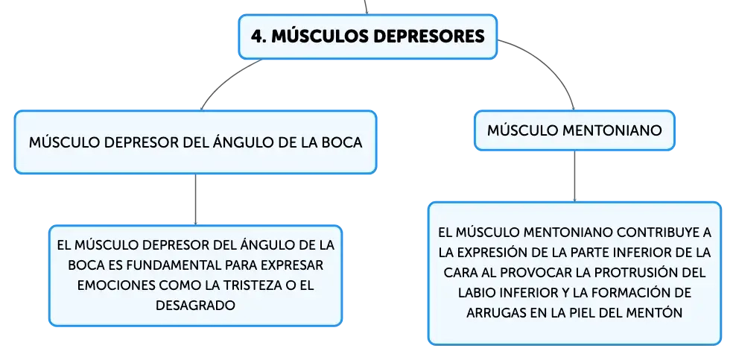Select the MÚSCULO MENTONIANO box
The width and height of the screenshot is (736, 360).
(574, 130)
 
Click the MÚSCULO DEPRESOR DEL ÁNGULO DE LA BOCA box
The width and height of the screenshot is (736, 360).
(195, 142)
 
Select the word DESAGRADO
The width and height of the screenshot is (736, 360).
(195, 306)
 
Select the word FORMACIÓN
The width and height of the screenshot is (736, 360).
(632, 293)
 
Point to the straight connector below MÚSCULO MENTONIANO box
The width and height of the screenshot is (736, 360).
(574, 177)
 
